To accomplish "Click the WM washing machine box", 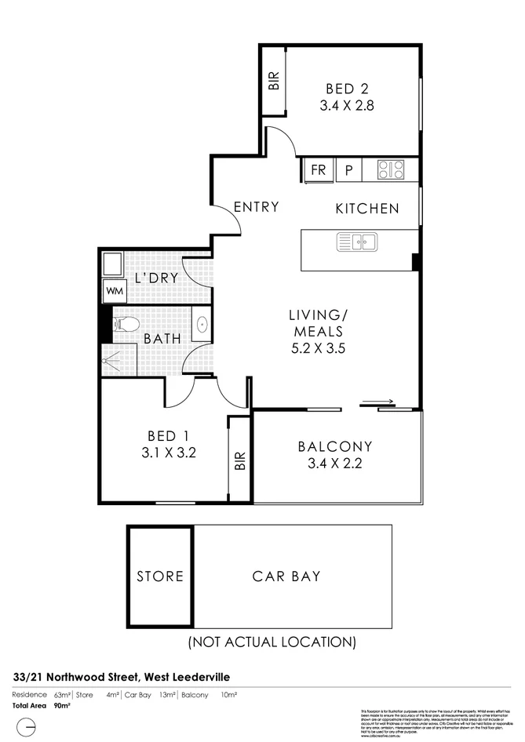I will (114, 290).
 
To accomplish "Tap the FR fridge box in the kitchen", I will (319, 169).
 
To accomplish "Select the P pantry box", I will (348, 169).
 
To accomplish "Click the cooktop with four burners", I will (390, 169).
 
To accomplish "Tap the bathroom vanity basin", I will (202, 322).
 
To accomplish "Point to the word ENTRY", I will (257, 207).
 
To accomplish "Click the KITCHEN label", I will (367, 209).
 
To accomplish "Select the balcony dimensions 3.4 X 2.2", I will (335, 463).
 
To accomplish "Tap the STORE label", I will (160, 577).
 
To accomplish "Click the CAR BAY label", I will (286, 577).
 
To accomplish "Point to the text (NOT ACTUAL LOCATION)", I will (271, 642).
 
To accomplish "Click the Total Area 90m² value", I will (62, 706).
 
